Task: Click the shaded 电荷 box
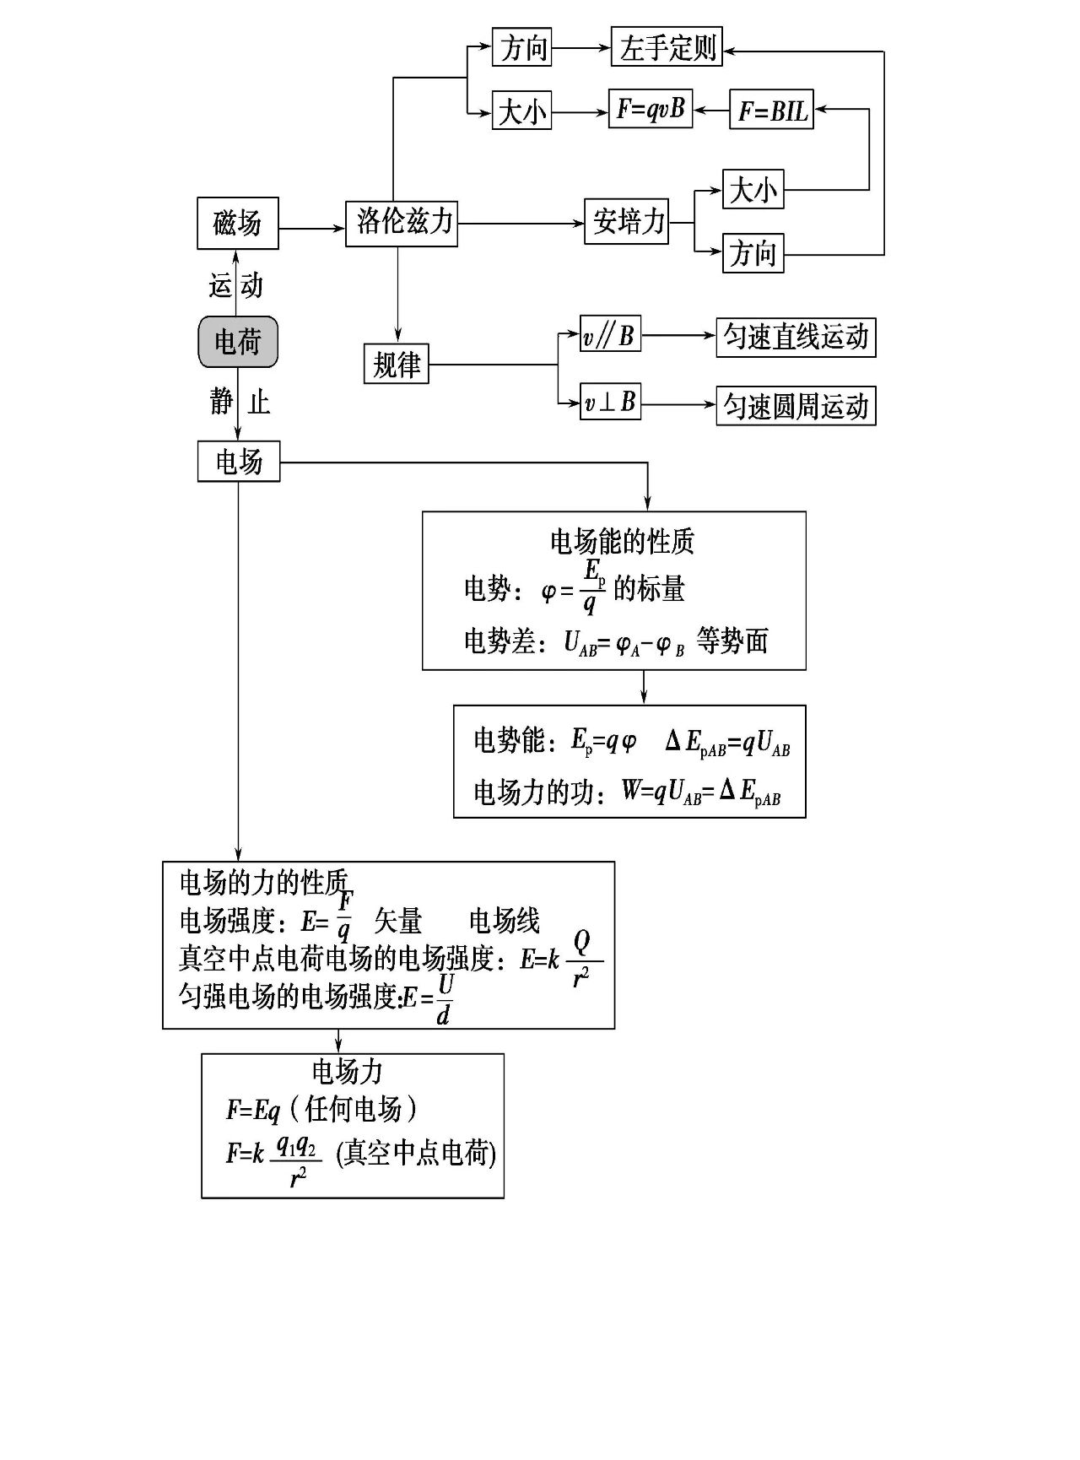237,342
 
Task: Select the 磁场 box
237,224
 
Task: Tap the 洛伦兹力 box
402,223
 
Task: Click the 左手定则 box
667,48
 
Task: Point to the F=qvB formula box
651,110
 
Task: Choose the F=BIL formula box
771,111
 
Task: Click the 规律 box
396,365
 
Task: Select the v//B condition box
610,336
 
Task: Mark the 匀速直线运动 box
796,337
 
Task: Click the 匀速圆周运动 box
796,406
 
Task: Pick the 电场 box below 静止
239,462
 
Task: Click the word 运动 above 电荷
236,285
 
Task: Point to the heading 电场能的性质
622,541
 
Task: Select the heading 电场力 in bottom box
348,1072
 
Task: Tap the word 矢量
398,921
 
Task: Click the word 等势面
732,641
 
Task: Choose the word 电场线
505,921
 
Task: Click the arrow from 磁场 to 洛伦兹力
312,228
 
